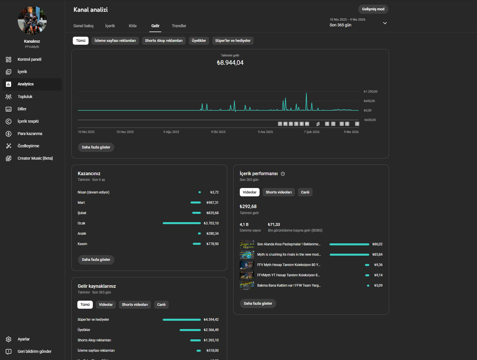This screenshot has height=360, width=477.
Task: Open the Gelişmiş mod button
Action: [x=373, y=9]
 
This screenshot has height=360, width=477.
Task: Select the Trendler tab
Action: [x=179, y=26]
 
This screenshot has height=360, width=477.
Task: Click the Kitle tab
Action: [x=133, y=26]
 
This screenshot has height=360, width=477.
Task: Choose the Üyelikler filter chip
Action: [x=199, y=41]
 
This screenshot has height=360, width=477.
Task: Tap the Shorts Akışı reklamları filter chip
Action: [x=164, y=41]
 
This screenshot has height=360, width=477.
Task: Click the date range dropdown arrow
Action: [x=385, y=23]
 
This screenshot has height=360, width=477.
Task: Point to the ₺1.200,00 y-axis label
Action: [x=370, y=91]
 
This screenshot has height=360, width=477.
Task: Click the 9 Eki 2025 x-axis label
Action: [x=218, y=132]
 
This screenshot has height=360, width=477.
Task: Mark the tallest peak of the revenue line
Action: [x=307, y=93]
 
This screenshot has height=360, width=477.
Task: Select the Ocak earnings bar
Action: [x=182, y=223]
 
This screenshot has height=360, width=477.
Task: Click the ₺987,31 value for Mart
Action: [x=212, y=203]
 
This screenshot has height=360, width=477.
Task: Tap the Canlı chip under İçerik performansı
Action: [x=305, y=192]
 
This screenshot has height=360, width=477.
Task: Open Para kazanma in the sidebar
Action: [x=30, y=134]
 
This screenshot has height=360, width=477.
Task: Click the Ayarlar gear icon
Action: [x=9, y=339]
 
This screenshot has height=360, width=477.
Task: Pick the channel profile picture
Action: [x=32, y=20]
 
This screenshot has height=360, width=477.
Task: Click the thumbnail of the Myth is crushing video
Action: [x=247, y=255]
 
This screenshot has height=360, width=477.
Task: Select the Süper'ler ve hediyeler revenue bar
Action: [x=182, y=320]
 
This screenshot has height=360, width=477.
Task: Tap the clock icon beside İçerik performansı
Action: [x=283, y=174]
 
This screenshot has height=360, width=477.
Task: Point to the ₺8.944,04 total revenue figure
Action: [x=230, y=62]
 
